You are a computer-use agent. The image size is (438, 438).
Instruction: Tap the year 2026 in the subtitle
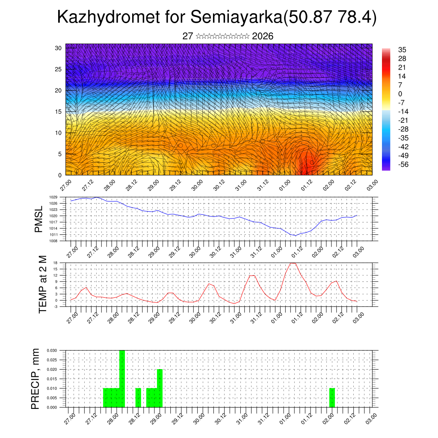(x=263, y=36)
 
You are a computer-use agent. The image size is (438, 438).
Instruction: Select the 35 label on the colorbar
(x=402, y=50)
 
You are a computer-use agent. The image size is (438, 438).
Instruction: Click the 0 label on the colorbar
(x=400, y=94)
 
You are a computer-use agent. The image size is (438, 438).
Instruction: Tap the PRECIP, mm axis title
(x=35, y=379)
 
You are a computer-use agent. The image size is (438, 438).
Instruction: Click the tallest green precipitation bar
(x=122, y=379)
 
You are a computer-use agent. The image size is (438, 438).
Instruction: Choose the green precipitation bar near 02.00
(x=332, y=398)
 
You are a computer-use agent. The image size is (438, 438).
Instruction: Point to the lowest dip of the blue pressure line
(x=295, y=235)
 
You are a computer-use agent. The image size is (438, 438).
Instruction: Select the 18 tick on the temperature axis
(x=61, y=263)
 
